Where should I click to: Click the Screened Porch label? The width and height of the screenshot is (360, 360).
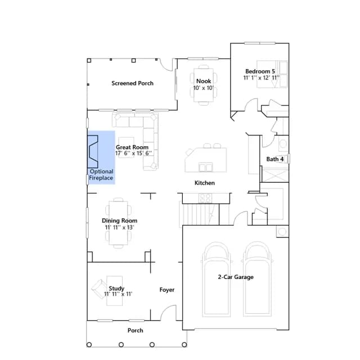pyautogui.click(x=132, y=83)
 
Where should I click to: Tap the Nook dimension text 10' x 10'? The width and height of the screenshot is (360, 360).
pyautogui.click(x=204, y=88)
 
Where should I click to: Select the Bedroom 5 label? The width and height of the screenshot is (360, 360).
pyautogui.click(x=260, y=71)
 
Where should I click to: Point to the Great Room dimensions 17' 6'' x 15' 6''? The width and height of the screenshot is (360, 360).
pyautogui.click(x=133, y=153)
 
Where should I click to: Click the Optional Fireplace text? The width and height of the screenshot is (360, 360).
pyautogui.click(x=101, y=175)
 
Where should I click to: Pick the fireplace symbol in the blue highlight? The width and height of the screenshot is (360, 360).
pyautogui.click(x=93, y=151)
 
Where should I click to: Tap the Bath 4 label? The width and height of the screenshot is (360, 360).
pyautogui.click(x=274, y=159)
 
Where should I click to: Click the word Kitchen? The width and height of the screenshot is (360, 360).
pyautogui.click(x=205, y=183)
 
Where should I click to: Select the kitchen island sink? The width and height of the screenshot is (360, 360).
pyautogui.click(x=205, y=167)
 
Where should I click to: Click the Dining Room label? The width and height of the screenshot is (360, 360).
pyautogui.click(x=119, y=220)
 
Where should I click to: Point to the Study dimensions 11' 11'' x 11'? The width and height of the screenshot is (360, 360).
pyautogui.click(x=118, y=294)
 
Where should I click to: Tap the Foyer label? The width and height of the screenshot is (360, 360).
pyautogui.click(x=167, y=290)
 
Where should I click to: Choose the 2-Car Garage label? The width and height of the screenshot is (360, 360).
pyautogui.click(x=236, y=277)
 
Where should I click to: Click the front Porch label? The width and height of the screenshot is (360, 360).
pyautogui.click(x=135, y=330)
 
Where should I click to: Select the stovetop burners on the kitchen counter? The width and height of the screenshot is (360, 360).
pyautogui.click(x=205, y=198)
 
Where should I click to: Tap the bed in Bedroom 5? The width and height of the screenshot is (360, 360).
pyautogui.click(x=272, y=74)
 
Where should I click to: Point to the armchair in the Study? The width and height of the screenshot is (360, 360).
pyautogui.click(x=100, y=289)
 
